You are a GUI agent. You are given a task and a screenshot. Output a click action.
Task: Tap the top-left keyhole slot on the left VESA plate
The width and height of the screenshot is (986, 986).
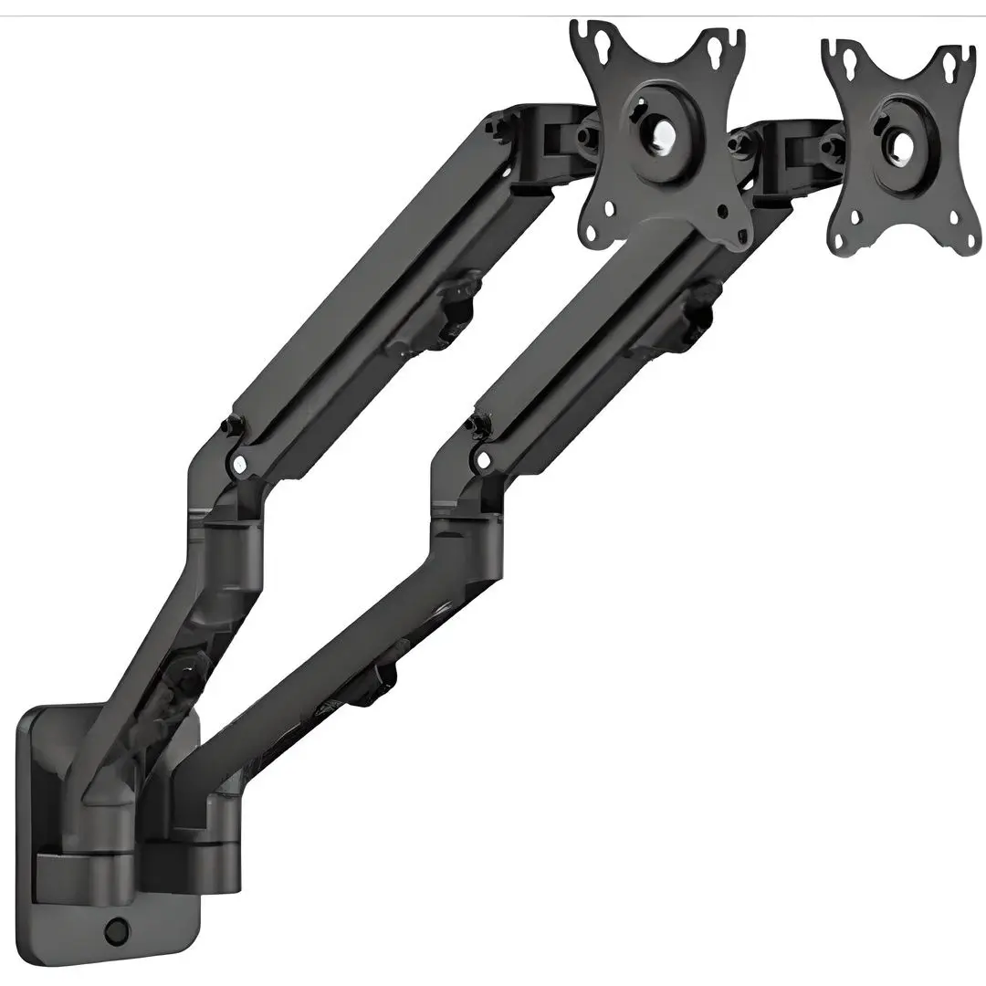603,43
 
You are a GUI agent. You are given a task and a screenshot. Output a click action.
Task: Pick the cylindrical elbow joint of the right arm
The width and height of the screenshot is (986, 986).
466,548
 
